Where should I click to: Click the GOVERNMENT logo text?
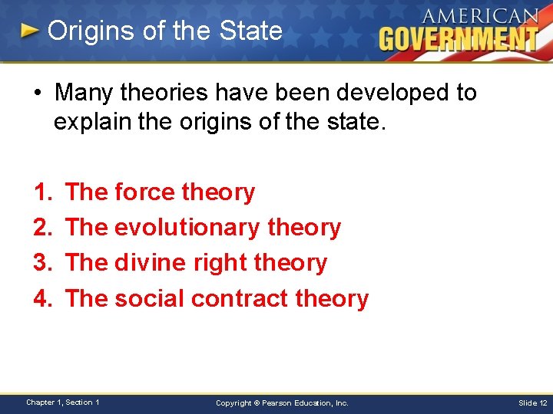click(459, 38)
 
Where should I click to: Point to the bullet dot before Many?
click(37, 94)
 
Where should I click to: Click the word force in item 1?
click(144, 192)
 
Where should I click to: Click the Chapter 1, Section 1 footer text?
click(63, 402)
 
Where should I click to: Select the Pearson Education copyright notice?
click(282, 402)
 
